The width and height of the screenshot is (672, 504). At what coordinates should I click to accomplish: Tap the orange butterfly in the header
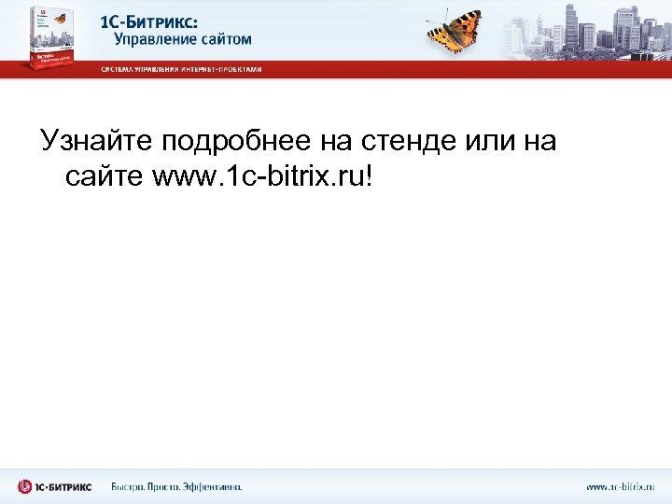pos(454,30)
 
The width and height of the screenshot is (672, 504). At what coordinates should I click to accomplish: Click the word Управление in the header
pos(155,39)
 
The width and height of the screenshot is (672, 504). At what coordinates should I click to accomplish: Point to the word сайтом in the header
pos(226,39)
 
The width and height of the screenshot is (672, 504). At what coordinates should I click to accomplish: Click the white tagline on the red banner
pos(181,69)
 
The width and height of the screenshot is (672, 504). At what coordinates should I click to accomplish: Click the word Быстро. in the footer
pos(131,486)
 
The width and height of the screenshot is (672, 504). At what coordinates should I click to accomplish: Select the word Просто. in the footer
pos(173,486)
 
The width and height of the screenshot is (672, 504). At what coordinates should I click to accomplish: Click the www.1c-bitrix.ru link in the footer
pos(620,486)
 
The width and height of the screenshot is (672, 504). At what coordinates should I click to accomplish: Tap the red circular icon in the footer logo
pos(24,486)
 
